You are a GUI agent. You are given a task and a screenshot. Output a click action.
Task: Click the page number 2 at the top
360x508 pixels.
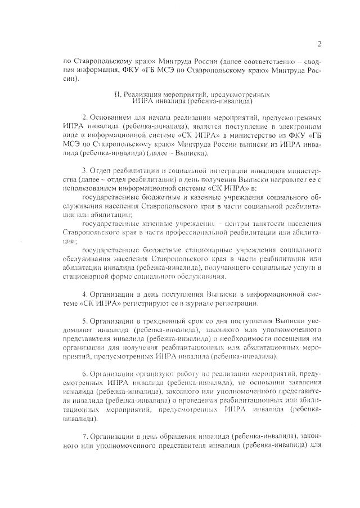(319, 44)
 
